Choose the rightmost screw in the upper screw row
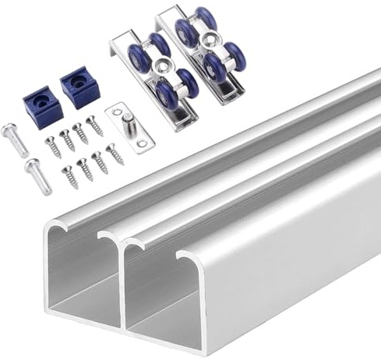point(94,125)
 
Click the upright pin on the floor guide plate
point(125,118)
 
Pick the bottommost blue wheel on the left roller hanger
point(166,96)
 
